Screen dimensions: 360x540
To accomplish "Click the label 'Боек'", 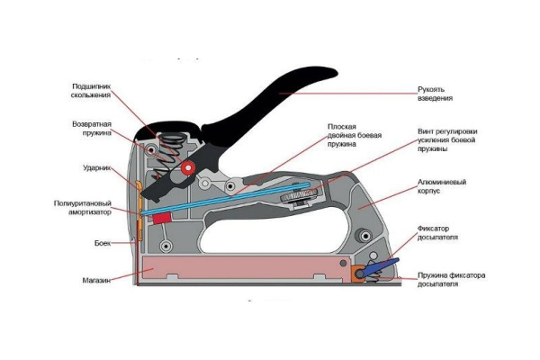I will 102,243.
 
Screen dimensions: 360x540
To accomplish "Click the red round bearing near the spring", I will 187,168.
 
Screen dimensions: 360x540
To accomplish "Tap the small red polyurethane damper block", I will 162,217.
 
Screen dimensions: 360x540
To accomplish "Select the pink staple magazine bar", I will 243,268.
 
